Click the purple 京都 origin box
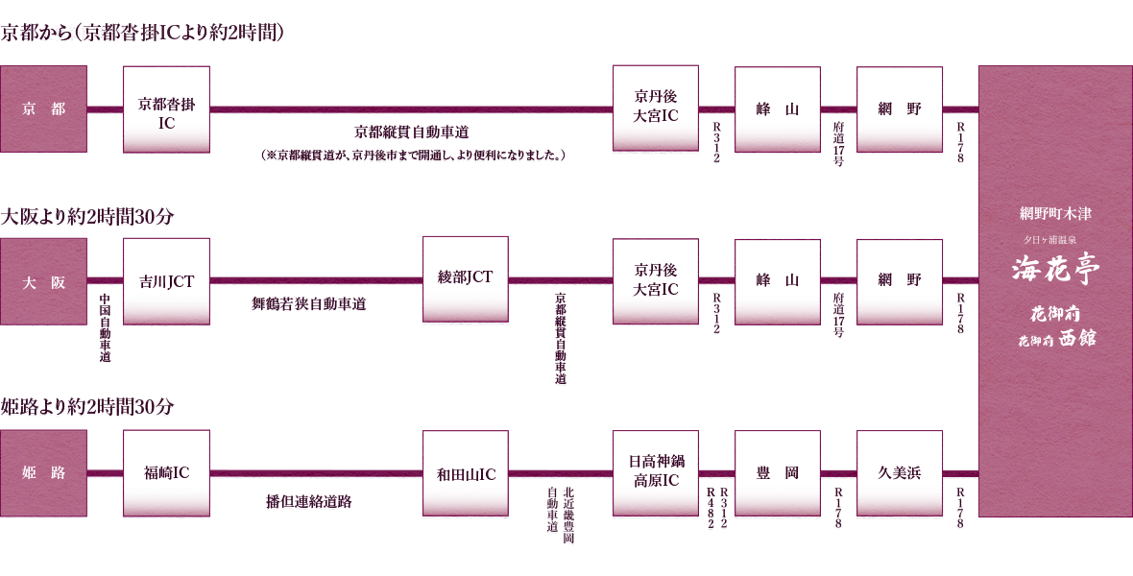tap(43, 109)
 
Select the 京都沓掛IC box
tap(166, 109)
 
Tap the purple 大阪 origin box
tap(43, 282)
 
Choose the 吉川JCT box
tap(166, 282)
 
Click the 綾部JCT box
tap(466, 279)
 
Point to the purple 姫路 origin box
tap(43, 473)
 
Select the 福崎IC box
tap(166, 473)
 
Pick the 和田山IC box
tap(466, 473)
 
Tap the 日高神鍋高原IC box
tap(656, 472)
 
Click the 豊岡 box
tap(778, 473)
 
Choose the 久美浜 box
tap(900, 473)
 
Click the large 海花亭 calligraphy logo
tap(1055, 270)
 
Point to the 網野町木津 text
tap(1055, 214)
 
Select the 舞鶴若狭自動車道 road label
tap(308, 304)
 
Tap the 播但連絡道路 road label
tap(308, 501)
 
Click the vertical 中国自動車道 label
tap(106, 327)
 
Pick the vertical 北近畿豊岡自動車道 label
tap(560, 516)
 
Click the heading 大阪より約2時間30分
tap(87, 217)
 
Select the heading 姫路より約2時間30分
tap(87, 407)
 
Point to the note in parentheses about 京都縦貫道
tap(412, 156)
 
